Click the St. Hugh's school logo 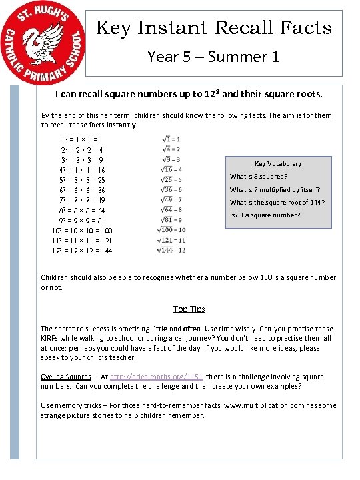click(x=43, y=43)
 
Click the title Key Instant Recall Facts click(x=214, y=28)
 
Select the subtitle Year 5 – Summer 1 click(x=213, y=57)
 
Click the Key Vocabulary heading click(x=278, y=164)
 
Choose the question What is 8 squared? click(x=259, y=177)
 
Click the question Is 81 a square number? click(x=265, y=215)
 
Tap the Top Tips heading click(x=189, y=309)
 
